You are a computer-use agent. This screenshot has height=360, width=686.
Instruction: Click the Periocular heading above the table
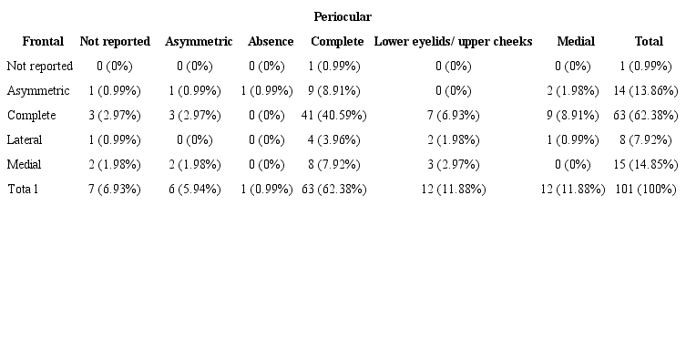pyautogui.click(x=342, y=17)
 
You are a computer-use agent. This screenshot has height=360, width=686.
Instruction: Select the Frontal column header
pyautogui.click(x=43, y=42)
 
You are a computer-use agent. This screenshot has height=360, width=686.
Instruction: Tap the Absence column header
pyautogui.click(x=271, y=42)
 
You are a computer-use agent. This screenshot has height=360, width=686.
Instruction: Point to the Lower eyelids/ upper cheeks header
pyautogui.click(x=453, y=42)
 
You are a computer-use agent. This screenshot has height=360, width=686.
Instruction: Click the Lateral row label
pyautogui.click(x=25, y=140)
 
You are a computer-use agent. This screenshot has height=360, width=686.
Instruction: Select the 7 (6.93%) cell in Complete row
pyautogui.click(x=453, y=116)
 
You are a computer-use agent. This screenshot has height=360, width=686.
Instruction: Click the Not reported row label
pyautogui.click(x=39, y=67)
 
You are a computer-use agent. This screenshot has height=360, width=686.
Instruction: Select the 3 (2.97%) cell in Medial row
pyautogui.click(x=453, y=165)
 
